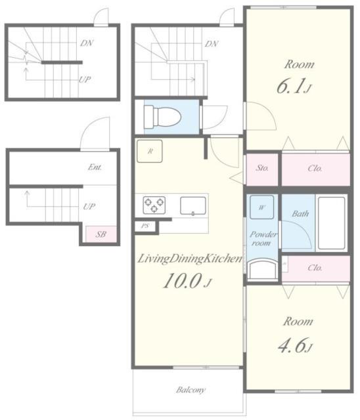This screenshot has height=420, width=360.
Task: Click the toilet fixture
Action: pyautogui.click(x=162, y=117)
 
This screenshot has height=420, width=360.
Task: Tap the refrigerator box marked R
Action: pyautogui.click(x=150, y=152)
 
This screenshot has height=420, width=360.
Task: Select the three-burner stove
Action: pyautogui.click(x=154, y=205)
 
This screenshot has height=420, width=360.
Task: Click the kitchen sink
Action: pyautogui.click(x=193, y=205)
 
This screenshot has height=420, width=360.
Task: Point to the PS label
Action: pyautogui.click(x=145, y=226)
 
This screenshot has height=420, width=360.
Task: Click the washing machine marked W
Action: pyautogui.click(x=262, y=207)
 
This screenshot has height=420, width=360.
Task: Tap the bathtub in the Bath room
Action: pyautogui.click(x=331, y=223)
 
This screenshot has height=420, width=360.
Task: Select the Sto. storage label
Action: pyautogui.click(x=262, y=168)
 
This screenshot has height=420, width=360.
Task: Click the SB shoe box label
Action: pyautogui.click(x=101, y=234)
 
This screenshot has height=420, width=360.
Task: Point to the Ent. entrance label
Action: pyautogui.click(x=95, y=167)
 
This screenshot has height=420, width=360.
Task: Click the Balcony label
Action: pyautogui.click(x=191, y=390)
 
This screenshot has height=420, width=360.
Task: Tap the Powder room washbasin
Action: pyautogui.click(x=262, y=270)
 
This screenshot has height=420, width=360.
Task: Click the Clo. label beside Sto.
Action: pyautogui.click(x=315, y=169)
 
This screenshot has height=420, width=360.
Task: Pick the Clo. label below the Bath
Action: pyautogui.click(x=315, y=268)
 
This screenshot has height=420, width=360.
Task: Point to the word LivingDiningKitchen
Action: pyautogui.click(x=189, y=259)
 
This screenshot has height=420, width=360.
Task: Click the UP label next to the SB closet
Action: pyautogui.click(x=89, y=207)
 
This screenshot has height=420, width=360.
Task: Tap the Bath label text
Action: pyautogui.click(x=300, y=213)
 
